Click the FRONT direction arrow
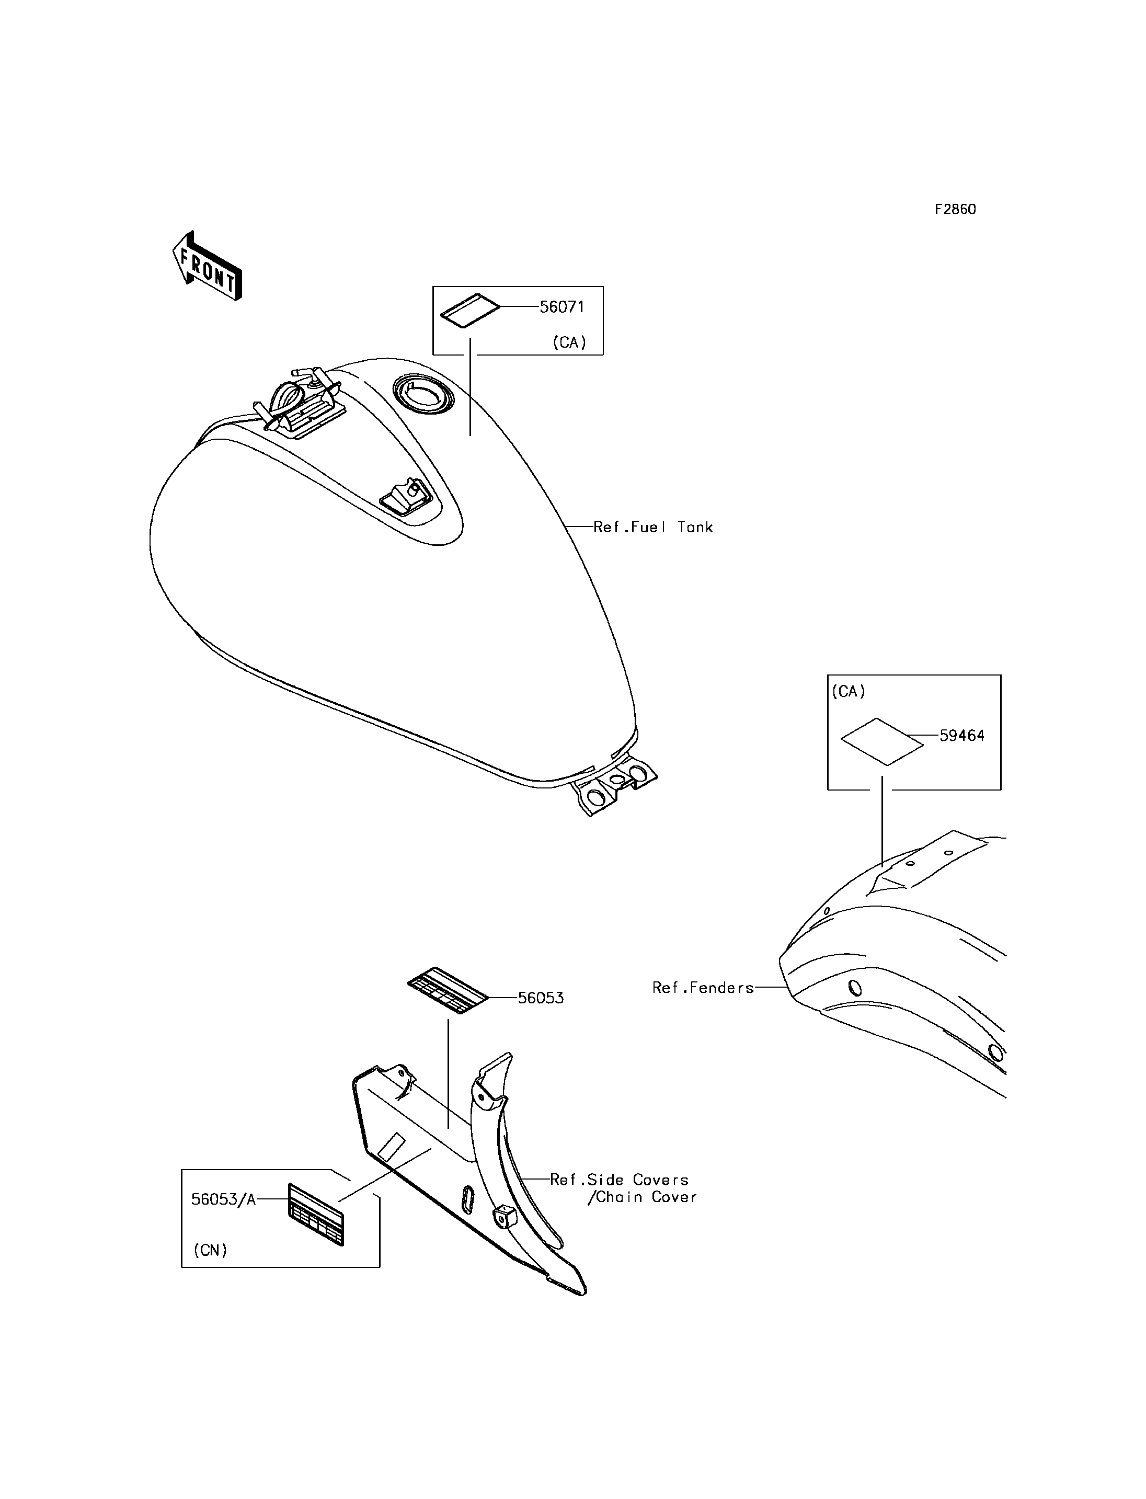coord(207,266)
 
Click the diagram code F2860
coord(955,210)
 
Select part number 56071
coord(562,307)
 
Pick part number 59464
coord(962,736)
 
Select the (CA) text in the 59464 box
coord(849,692)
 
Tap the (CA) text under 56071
coord(569,342)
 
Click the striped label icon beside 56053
coord(448,991)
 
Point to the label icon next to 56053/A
coord(316,1215)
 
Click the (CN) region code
coord(210,1250)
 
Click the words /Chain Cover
coord(642,1197)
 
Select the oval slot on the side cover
coord(467,1198)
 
